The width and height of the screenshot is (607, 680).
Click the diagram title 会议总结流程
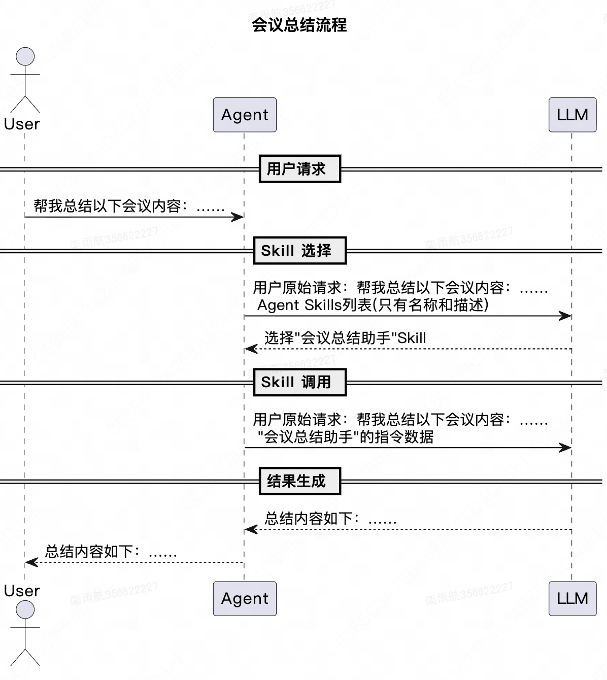click(x=299, y=25)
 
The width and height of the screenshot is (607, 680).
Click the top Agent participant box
click(x=245, y=115)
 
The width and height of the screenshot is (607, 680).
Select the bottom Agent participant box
click(x=245, y=598)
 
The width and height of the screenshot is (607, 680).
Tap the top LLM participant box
click(x=572, y=115)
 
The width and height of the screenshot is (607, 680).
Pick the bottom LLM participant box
click(x=572, y=598)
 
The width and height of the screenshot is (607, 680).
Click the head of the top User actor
click(x=25, y=56)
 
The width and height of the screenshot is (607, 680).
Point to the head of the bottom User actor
click(x=25, y=609)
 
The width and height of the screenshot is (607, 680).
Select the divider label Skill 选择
click(x=299, y=250)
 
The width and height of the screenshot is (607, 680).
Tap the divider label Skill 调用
click(x=299, y=382)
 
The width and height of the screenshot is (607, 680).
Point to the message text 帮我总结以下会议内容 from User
click(x=129, y=206)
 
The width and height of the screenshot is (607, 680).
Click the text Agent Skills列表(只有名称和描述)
click(x=373, y=305)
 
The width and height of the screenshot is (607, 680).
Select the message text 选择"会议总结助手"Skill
click(x=345, y=338)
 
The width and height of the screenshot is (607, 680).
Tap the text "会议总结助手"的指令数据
click(x=345, y=437)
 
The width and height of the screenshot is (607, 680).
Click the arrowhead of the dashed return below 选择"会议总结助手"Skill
click(x=251, y=349)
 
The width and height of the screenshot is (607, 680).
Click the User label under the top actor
click(x=22, y=124)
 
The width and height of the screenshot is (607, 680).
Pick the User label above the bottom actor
click(x=22, y=591)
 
